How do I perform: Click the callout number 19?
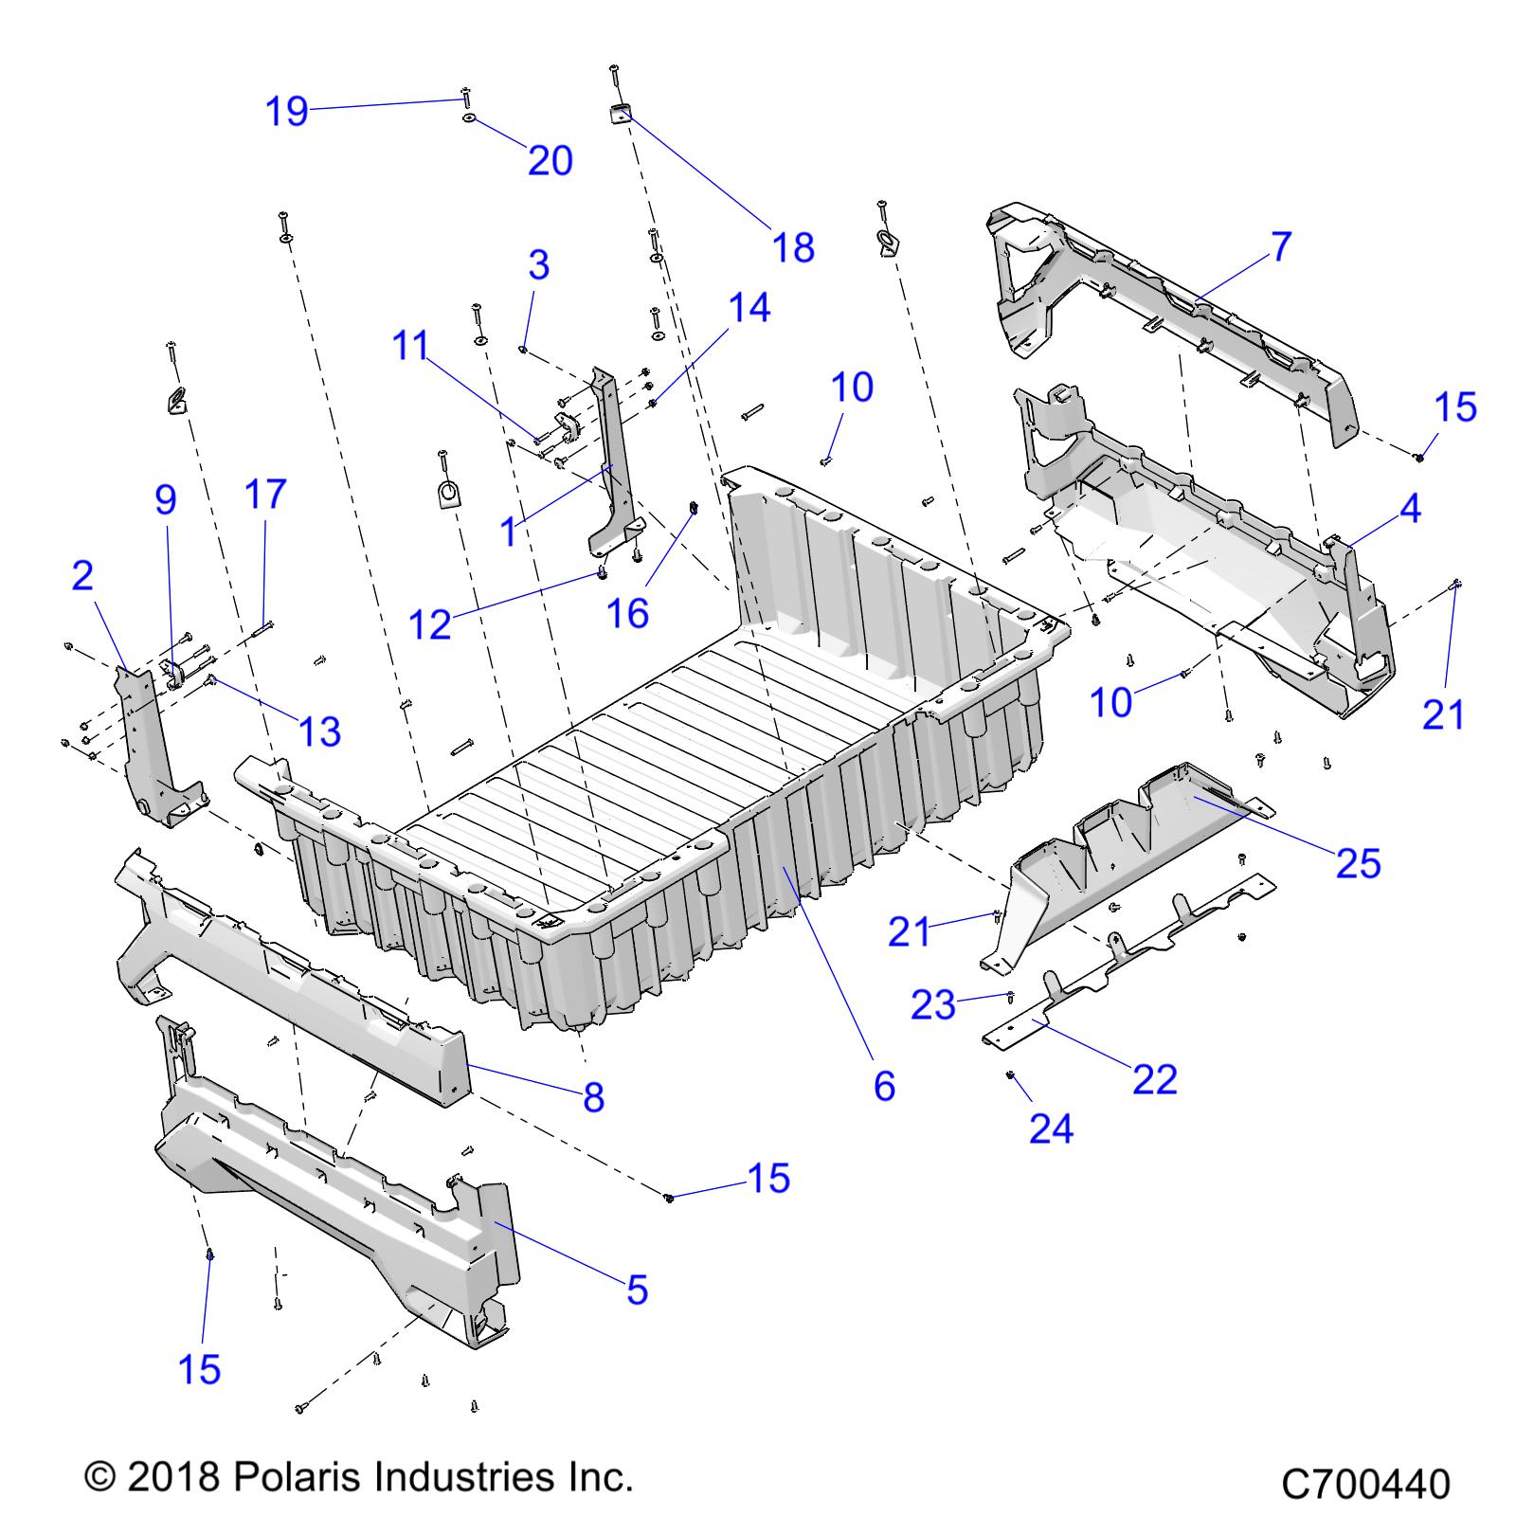point(286,112)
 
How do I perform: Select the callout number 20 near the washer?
point(550,161)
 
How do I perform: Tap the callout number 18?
point(793,248)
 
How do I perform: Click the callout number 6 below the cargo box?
point(883,1086)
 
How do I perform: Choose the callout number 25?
point(1358,863)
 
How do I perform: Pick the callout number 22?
point(1154,1079)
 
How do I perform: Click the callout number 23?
point(933,1005)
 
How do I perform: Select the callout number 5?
point(637,1290)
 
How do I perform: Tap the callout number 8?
point(593,1098)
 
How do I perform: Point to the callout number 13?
point(319,731)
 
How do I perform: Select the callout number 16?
point(626,614)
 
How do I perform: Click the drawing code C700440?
point(1364,1484)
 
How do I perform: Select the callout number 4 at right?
point(1409,509)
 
